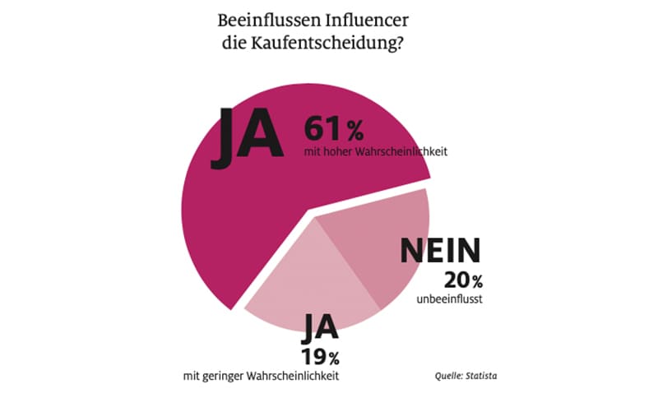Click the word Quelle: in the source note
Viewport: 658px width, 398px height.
click(449, 376)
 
